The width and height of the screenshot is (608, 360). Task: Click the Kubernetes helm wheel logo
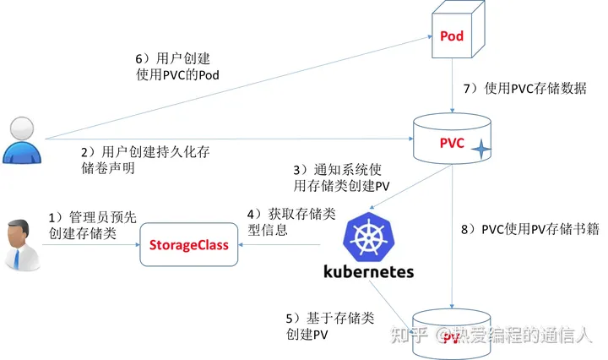368,234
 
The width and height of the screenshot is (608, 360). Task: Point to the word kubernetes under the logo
369,272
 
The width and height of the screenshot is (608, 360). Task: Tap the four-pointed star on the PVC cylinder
480,150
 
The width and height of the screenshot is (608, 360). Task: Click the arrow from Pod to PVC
456,93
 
